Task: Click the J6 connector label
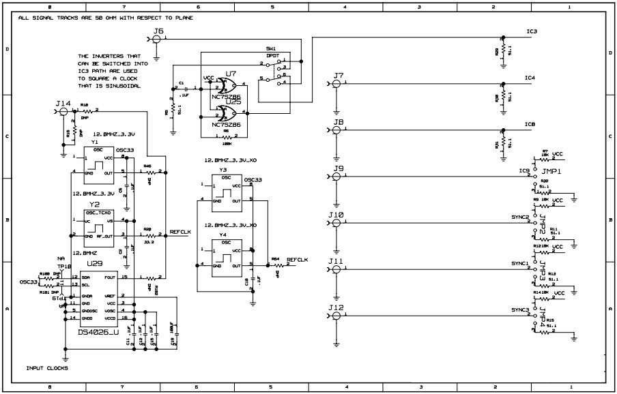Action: tap(159, 31)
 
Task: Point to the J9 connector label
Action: tap(338, 168)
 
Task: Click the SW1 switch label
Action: tap(271, 50)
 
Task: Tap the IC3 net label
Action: tap(532, 32)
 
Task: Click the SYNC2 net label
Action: tap(519, 217)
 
